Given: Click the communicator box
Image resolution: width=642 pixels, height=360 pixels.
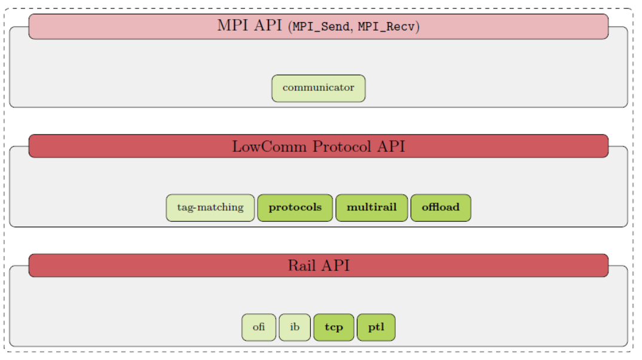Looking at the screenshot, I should point(318,88).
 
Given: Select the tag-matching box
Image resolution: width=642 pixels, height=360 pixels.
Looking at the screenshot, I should point(210,208).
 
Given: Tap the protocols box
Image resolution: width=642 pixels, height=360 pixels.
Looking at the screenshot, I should point(295,208).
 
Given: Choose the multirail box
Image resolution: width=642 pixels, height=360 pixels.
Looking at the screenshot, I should point(371,208).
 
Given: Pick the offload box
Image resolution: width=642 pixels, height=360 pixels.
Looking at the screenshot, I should point(441,208).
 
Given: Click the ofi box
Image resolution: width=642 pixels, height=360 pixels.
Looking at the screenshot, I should point(259,327).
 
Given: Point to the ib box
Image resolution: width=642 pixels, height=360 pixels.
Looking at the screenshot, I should point(295,327).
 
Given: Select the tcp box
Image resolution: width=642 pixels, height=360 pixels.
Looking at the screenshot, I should point(334,327).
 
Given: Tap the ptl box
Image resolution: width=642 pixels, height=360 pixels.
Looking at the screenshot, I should point(376,327).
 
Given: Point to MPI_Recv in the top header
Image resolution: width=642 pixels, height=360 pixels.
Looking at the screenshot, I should point(387,27).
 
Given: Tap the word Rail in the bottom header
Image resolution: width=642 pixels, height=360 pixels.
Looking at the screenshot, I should point(301,266).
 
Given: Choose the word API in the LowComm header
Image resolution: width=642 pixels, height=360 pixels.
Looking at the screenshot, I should point(391,146).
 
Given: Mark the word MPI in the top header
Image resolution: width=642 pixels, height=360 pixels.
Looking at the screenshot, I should point(231,26).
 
